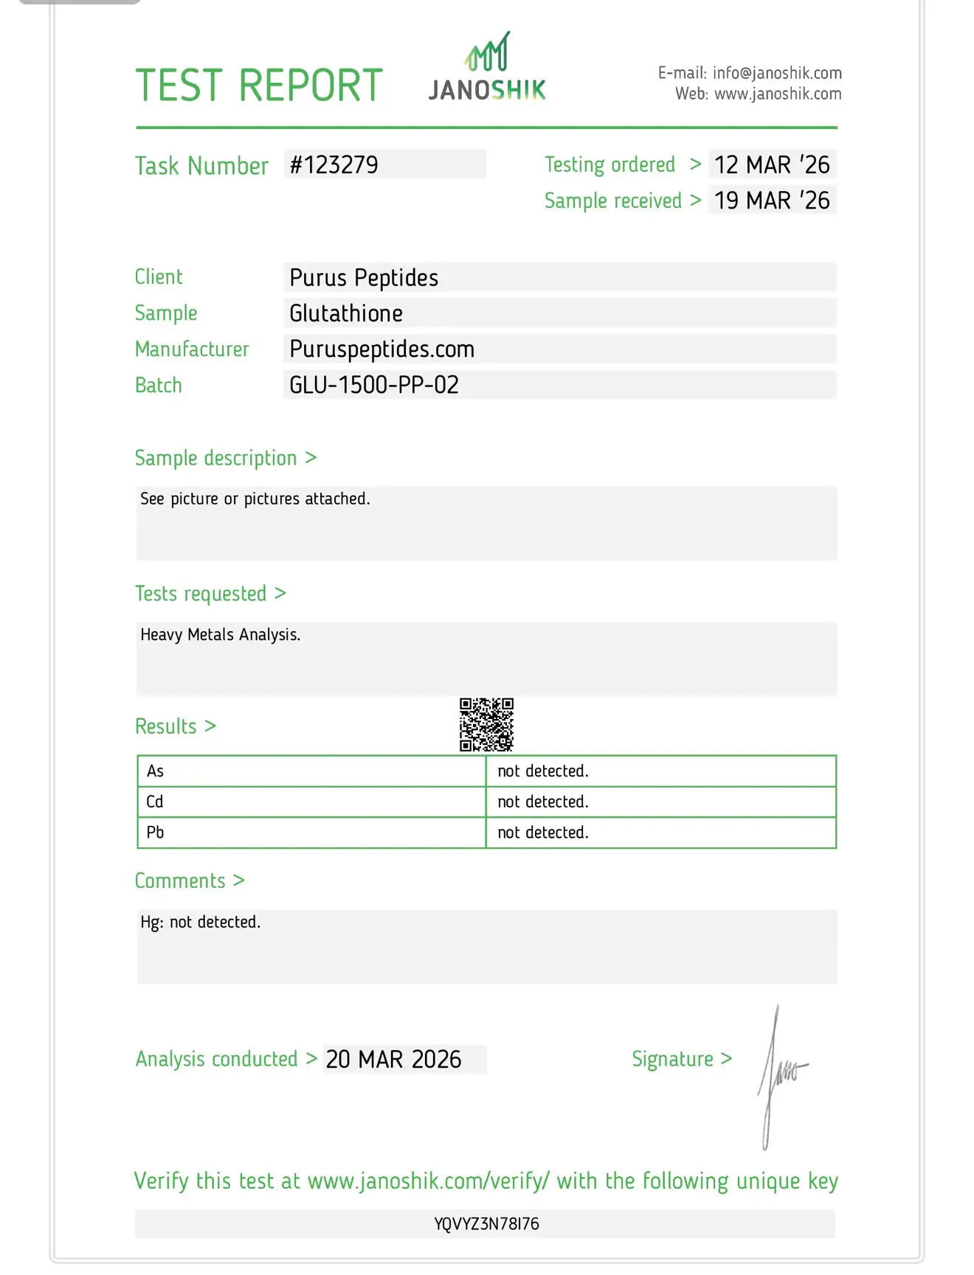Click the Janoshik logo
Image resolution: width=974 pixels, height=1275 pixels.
tap(487, 68)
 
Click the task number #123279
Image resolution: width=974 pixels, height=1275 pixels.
tap(334, 164)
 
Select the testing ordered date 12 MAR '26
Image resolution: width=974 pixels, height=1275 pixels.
tap(772, 164)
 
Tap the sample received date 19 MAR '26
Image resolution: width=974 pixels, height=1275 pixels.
tap(772, 201)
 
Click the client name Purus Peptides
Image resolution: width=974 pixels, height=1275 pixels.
tap(364, 278)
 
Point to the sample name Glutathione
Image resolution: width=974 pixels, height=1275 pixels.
tap(346, 313)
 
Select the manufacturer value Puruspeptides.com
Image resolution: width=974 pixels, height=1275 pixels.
tap(381, 350)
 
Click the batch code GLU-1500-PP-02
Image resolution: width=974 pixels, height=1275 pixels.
tap(374, 385)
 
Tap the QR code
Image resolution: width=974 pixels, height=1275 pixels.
tap(487, 725)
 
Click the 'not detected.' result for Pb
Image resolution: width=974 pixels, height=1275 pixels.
tap(543, 833)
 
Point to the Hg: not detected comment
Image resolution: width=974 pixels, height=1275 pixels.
tap(201, 923)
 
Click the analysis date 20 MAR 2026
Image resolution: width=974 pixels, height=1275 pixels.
tap(393, 1060)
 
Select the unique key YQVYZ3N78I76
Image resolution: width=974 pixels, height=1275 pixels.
tap(486, 1224)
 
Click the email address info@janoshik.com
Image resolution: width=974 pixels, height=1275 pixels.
tap(777, 73)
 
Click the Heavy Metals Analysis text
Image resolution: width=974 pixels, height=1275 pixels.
tap(221, 635)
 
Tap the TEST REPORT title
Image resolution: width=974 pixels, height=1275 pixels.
tap(259, 86)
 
